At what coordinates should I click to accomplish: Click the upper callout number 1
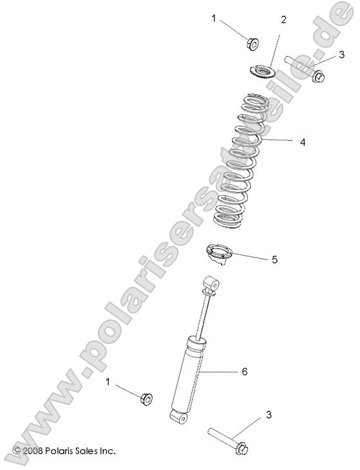pos(214,19)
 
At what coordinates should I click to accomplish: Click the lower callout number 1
pos(109,382)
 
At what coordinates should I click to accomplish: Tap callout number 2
pos(283,20)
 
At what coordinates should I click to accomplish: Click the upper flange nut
pos(252,43)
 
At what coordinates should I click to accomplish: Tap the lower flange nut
pos(146,398)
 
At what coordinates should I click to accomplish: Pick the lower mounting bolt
pos(229,440)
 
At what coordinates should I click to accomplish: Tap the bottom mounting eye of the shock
pos(180,418)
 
